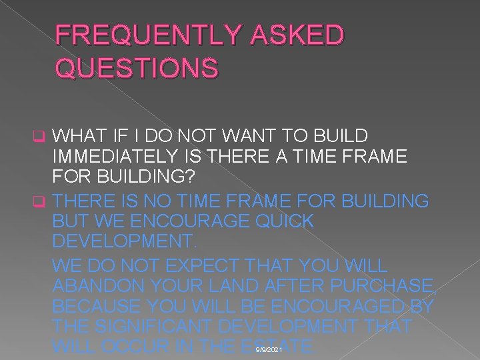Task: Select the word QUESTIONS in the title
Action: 137,67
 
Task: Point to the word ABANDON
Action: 100,287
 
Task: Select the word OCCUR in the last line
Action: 141,348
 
